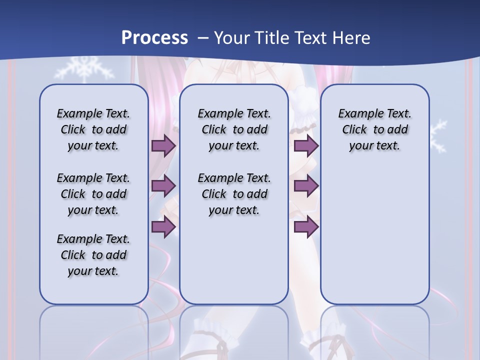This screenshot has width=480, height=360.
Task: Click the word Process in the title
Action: (x=154, y=37)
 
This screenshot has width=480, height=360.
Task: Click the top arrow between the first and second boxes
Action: (x=163, y=145)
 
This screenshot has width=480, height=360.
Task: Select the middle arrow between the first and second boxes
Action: (x=163, y=186)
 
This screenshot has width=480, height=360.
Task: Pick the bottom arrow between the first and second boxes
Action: (x=163, y=226)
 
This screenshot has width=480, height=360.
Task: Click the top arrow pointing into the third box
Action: (x=306, y=145)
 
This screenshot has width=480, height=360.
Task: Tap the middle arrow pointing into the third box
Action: (x=306, y=186)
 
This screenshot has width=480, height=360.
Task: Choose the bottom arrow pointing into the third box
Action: (x=306, y=226)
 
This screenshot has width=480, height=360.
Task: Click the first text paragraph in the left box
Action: (x=93, y=129)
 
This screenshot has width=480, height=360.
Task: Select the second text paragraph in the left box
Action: (x=93, y=194)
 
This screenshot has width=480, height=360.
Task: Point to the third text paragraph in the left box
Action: (x=93, y=255)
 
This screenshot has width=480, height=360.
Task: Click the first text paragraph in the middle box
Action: (x=234, y=129)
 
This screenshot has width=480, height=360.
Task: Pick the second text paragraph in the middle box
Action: (x=234, y=194)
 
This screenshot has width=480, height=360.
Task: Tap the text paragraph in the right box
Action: (x=374, y=129)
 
